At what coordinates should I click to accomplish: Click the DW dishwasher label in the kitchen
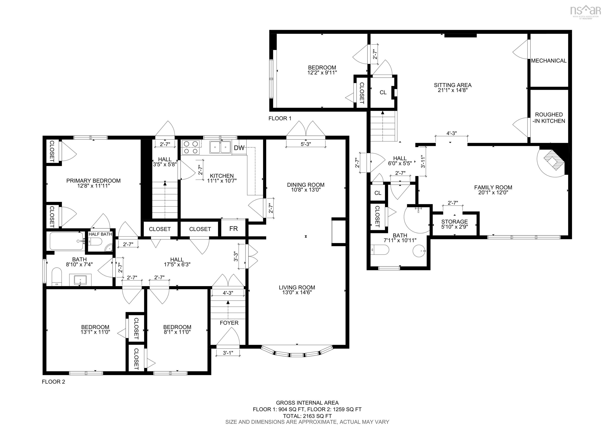coord(239,148)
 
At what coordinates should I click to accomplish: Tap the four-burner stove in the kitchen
coord(191,147)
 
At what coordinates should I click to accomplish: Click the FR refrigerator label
coord(233,228)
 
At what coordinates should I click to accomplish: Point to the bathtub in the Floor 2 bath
coord(67,241)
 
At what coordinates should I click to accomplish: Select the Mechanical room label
coord(549,61)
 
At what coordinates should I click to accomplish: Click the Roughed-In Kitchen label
coord(549,118)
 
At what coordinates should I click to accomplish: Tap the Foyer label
coord(229,323)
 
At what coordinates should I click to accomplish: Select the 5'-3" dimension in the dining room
coord(306,144)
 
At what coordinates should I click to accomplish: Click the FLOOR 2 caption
coord(53,382)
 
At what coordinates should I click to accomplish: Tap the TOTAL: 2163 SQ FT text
coord(307,416)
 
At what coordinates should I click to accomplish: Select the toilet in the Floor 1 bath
coord(380,250)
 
